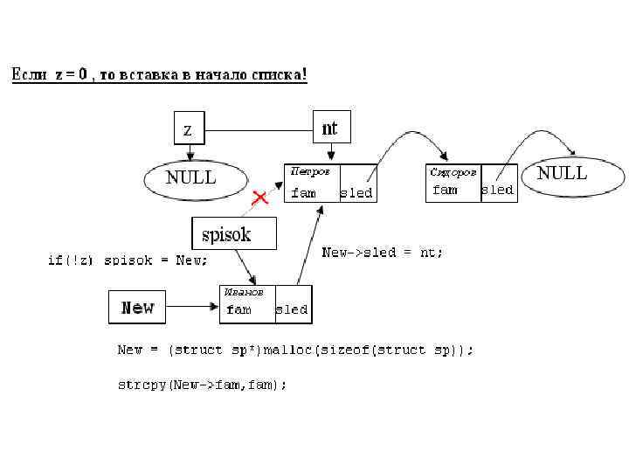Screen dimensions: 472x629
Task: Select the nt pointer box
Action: [x=329, y=128]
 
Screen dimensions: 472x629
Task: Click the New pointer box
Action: [x=137, y=307]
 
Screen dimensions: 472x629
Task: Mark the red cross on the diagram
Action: [x=259, y=198]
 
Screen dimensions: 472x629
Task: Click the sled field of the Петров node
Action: [x=356, y=192]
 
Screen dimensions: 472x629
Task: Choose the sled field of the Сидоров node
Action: [x=498, y=190]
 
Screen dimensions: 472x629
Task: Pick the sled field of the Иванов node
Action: [x=292, y=309]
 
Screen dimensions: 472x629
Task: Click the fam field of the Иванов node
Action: [x=239, y=309]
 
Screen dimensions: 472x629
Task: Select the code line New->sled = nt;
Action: [x=383, y=253]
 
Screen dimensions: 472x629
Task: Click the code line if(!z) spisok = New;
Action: [x=128, y=260]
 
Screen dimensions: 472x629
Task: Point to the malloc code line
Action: [x=296, y=350]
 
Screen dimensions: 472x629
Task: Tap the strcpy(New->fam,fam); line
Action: [x=202, y=384]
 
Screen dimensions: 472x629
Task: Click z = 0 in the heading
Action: [x=71, y=75]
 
